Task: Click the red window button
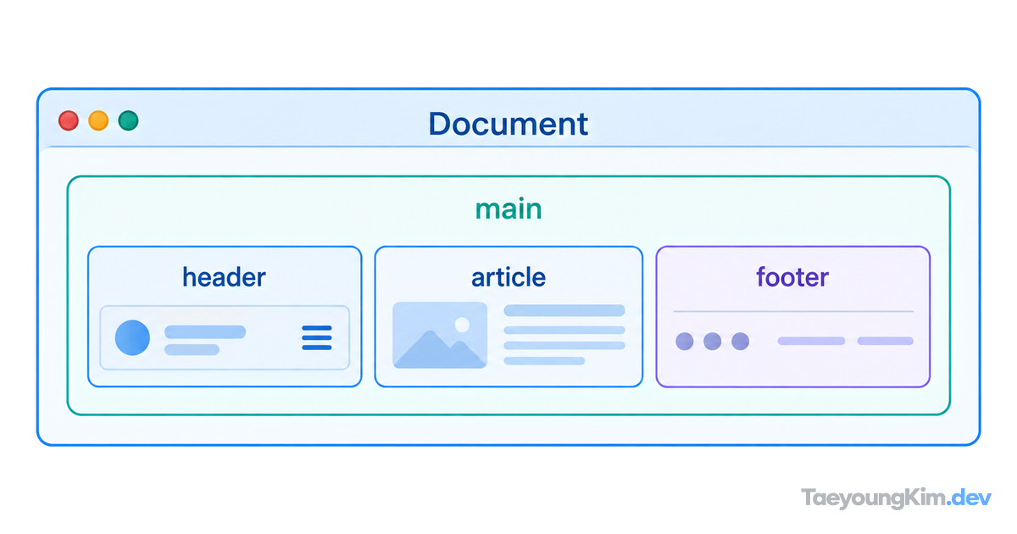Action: [69, 120]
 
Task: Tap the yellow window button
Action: [98, 120]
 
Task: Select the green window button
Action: [129, 120]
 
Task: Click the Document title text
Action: [508, 124]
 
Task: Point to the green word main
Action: [508, 209]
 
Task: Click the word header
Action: [224, 277]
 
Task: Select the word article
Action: [508, 277]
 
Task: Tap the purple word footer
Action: [792, 277]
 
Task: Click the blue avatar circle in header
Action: [132, 337]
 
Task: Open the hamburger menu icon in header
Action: [317, 338]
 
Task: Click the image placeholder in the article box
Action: [440, 335]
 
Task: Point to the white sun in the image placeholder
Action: [462, 325]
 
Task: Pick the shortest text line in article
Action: [544, 361]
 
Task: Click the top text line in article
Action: [564, 310]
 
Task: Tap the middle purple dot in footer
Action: [713, 341]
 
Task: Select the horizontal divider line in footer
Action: [793, 312]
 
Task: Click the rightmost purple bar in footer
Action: [886, 341]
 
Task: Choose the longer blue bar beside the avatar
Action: [205, 332]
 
